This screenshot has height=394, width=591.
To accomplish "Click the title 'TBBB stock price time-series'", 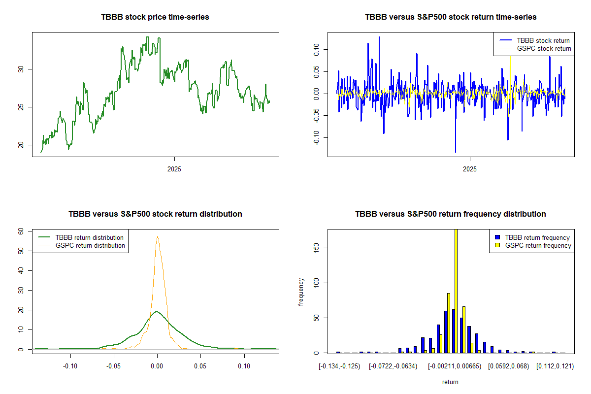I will click(155, 17).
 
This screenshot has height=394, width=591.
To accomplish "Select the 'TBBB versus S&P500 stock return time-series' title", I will click(451, 17).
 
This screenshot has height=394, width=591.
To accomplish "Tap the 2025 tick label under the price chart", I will click(174, 169).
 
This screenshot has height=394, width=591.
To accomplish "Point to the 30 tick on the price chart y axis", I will click(21, 69).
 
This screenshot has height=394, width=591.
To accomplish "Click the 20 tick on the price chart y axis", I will click(21, 145).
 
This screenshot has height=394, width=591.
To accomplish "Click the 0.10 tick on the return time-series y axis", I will click(316, 48).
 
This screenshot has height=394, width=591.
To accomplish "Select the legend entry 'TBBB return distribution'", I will click(89, 237).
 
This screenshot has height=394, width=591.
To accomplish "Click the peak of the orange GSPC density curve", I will click(158, 237).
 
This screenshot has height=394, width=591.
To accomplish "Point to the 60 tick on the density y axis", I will click(21, 231).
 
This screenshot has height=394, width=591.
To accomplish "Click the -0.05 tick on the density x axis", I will click(114, 366).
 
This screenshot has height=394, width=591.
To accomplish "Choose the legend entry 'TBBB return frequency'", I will click(537, 237).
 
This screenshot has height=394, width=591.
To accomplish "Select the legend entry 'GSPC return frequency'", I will click(537, 245).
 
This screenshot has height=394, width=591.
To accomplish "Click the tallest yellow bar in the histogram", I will click(456, 291).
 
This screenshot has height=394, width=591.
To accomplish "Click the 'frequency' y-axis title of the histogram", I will click(301, 292).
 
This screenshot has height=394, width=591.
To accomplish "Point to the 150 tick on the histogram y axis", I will click(316, 247).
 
